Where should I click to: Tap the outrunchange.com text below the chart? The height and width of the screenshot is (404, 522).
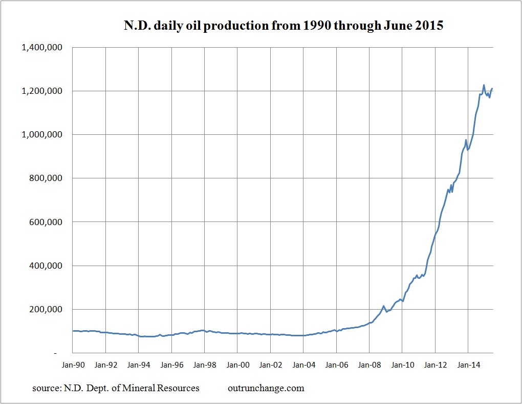[x=266, y=388]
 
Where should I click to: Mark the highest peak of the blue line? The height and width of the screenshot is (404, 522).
[x=484, y=85]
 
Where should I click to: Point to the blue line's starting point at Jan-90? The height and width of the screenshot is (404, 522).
[x=73, y=331]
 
